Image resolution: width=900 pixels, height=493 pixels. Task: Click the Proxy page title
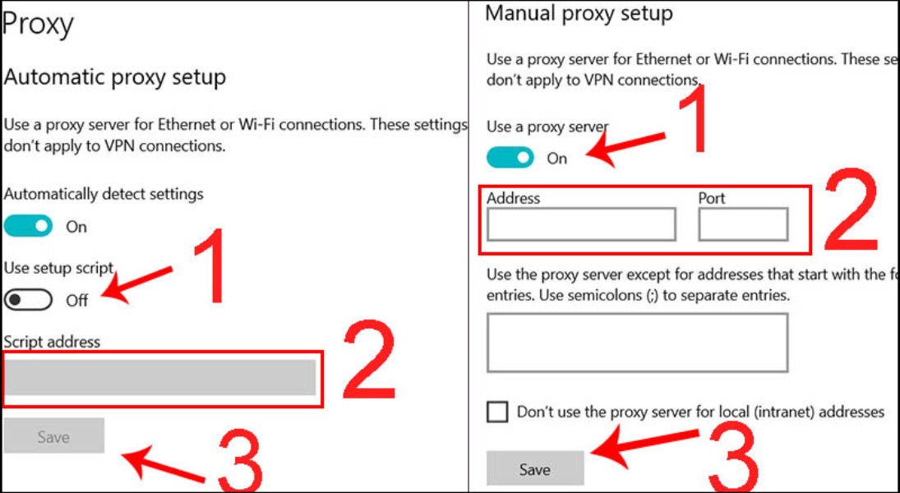(x=39, y=25)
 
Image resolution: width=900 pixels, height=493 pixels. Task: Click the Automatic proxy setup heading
(x=114, y=78)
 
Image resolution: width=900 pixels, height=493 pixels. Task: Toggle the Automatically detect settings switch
(x=28, y=226)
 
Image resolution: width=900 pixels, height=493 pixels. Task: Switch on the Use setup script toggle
(x=28, y=300)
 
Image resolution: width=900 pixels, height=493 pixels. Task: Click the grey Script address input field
(x=160, y=378)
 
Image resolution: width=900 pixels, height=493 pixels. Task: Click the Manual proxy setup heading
(x=579, y=14)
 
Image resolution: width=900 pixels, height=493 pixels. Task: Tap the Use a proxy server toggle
(x=510, y=158)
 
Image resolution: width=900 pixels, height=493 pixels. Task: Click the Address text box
(x=581, y=224)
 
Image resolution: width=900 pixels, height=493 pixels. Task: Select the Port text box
(x=743, y=224)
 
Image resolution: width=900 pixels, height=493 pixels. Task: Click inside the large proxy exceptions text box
(x=637, y=342)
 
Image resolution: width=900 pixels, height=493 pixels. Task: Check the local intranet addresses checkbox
(x=497, y=412)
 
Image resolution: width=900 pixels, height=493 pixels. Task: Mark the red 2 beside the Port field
(x=851, y=212)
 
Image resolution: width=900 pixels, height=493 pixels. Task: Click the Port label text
(x=712, y=198)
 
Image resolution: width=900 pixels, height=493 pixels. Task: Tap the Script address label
(x=52, y=341)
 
